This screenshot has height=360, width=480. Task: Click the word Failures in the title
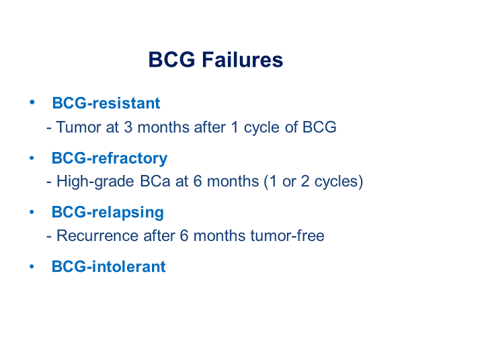pyautogui.click(x=243, y=59)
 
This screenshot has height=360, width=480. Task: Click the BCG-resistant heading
pyautogui.click(x=106, y=103)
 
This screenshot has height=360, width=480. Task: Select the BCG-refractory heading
pyautogui.click(x=110, y=159)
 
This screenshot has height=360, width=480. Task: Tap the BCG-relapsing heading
pyautogui.click(x=108, y=213)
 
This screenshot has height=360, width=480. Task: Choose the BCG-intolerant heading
pyautogui.click(x=108, y=266)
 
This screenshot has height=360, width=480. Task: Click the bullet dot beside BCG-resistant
pyautogui.click(x=32, y=102)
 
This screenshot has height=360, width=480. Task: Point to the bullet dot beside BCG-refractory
pyautogui.click(x=32, y=158)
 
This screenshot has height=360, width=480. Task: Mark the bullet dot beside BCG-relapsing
pyautogui.click(x=32, y=212)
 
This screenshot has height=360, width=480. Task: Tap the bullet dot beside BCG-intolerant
pyautogui.click(x=32, y=266)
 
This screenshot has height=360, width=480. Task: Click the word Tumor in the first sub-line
pyautogui.click(x=79, y=127)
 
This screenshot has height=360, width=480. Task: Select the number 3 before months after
pyautogui.click(x=128, y=127)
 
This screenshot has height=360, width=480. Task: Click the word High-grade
pyautogui.click(x=95, y=182)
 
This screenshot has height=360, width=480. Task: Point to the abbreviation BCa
pyautogui.click(x=155, y=182)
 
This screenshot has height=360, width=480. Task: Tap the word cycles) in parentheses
pyautogui.click(x=339, y=182)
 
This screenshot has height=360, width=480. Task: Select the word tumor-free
pyautogui.click(x=287, y=236)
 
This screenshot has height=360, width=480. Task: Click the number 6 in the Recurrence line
pyautogui.click(x=184, y=236)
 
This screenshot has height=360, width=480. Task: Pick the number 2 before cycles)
pyautogui.click(x=305, y=182)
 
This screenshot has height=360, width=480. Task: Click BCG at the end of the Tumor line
pyautogui.click(x=319, y=127)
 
